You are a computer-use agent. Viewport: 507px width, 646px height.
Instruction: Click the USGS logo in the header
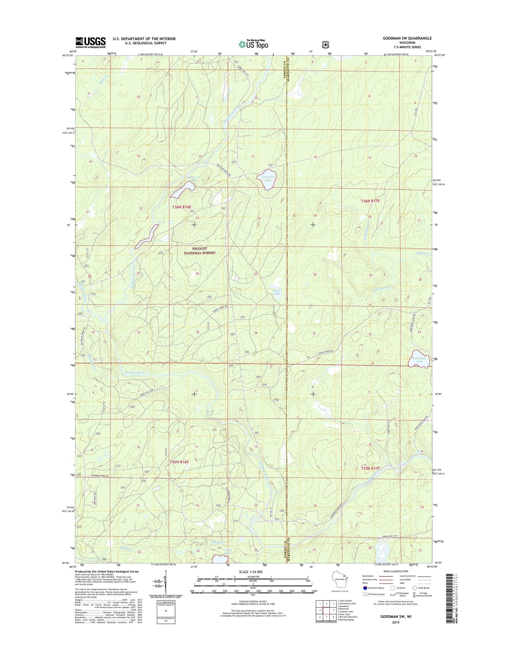pyautogui.click(x=90, y=42)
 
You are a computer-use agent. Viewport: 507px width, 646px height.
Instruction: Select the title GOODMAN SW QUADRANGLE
pyautogui.click(x=407, y=38)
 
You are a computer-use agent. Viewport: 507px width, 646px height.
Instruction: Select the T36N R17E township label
pyautogui.click(x=370, y=201)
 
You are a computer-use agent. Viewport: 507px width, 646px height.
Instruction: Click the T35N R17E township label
pyautogui.click(x=371, y=468)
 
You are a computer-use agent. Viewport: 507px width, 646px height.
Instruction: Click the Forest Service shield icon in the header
pyautogui.click(x=326, y=45)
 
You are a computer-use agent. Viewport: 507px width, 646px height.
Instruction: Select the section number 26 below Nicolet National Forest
pyautogui.click(x=197, y=274)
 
